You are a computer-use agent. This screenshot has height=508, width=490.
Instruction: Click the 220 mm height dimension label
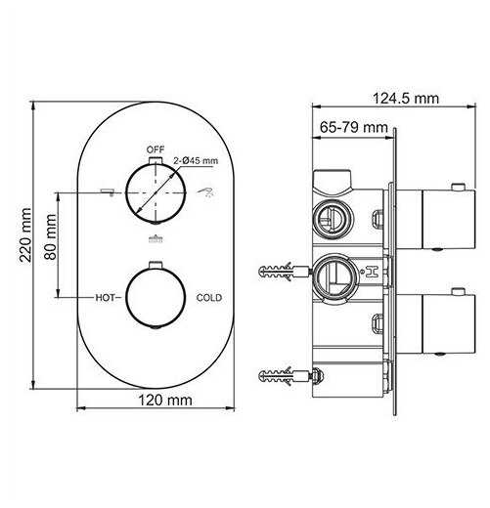[25, 234]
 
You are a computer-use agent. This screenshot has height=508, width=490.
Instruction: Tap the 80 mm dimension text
[50, 236]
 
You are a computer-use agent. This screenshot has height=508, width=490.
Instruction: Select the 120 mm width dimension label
[165, 400]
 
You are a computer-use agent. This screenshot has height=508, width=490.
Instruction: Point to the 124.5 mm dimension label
[406, 99]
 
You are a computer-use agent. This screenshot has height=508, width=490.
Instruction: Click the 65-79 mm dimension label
[354, 127]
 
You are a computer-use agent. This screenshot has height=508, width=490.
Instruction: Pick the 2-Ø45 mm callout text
[196, 160]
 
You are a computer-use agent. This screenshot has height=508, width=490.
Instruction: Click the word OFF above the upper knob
[156, 149]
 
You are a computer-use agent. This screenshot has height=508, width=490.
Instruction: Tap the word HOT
[105, 297]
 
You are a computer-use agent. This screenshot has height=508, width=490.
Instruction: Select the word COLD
[209, 298]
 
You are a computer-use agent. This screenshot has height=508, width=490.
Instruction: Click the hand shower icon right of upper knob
[205, 191]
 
